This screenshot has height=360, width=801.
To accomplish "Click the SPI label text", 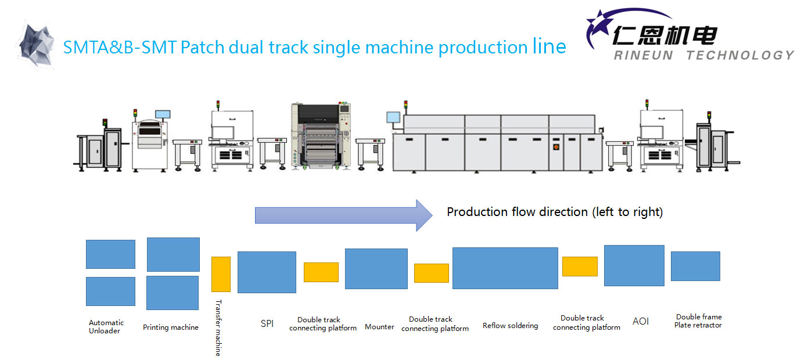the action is click(267, 323).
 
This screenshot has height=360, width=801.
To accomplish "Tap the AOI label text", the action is click(641, 322).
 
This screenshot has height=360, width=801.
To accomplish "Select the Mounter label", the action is click(379, 327).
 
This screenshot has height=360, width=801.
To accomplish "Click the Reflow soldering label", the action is click(510, 325).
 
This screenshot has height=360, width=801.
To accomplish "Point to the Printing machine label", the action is click(171, 327).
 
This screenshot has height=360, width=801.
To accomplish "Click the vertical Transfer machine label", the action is click(218, 327).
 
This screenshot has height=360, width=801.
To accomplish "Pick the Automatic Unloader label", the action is click(106, 327).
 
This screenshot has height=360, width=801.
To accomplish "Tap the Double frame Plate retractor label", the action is click(698, 321).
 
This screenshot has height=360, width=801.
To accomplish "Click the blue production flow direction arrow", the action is click(344, 215).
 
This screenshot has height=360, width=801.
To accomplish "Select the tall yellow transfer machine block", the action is click(221, 274).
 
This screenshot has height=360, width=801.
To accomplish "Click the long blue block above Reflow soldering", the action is click(505, 268).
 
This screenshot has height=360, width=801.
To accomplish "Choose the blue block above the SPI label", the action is click(267, 272).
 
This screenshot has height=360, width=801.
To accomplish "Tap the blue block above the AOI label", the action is click(634, 265).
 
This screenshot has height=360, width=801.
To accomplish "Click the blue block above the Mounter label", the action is click(376, 269).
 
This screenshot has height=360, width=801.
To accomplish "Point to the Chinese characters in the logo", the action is click(665, 35).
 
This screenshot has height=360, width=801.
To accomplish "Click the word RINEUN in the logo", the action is click(644, 55).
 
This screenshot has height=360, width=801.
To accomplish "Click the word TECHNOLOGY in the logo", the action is click(740, 55).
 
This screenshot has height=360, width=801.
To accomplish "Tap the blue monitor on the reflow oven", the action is click(393, 117).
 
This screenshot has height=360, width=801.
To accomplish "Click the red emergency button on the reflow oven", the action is click(556, 146).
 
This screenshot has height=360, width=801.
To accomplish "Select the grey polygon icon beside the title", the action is click(37, 45).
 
